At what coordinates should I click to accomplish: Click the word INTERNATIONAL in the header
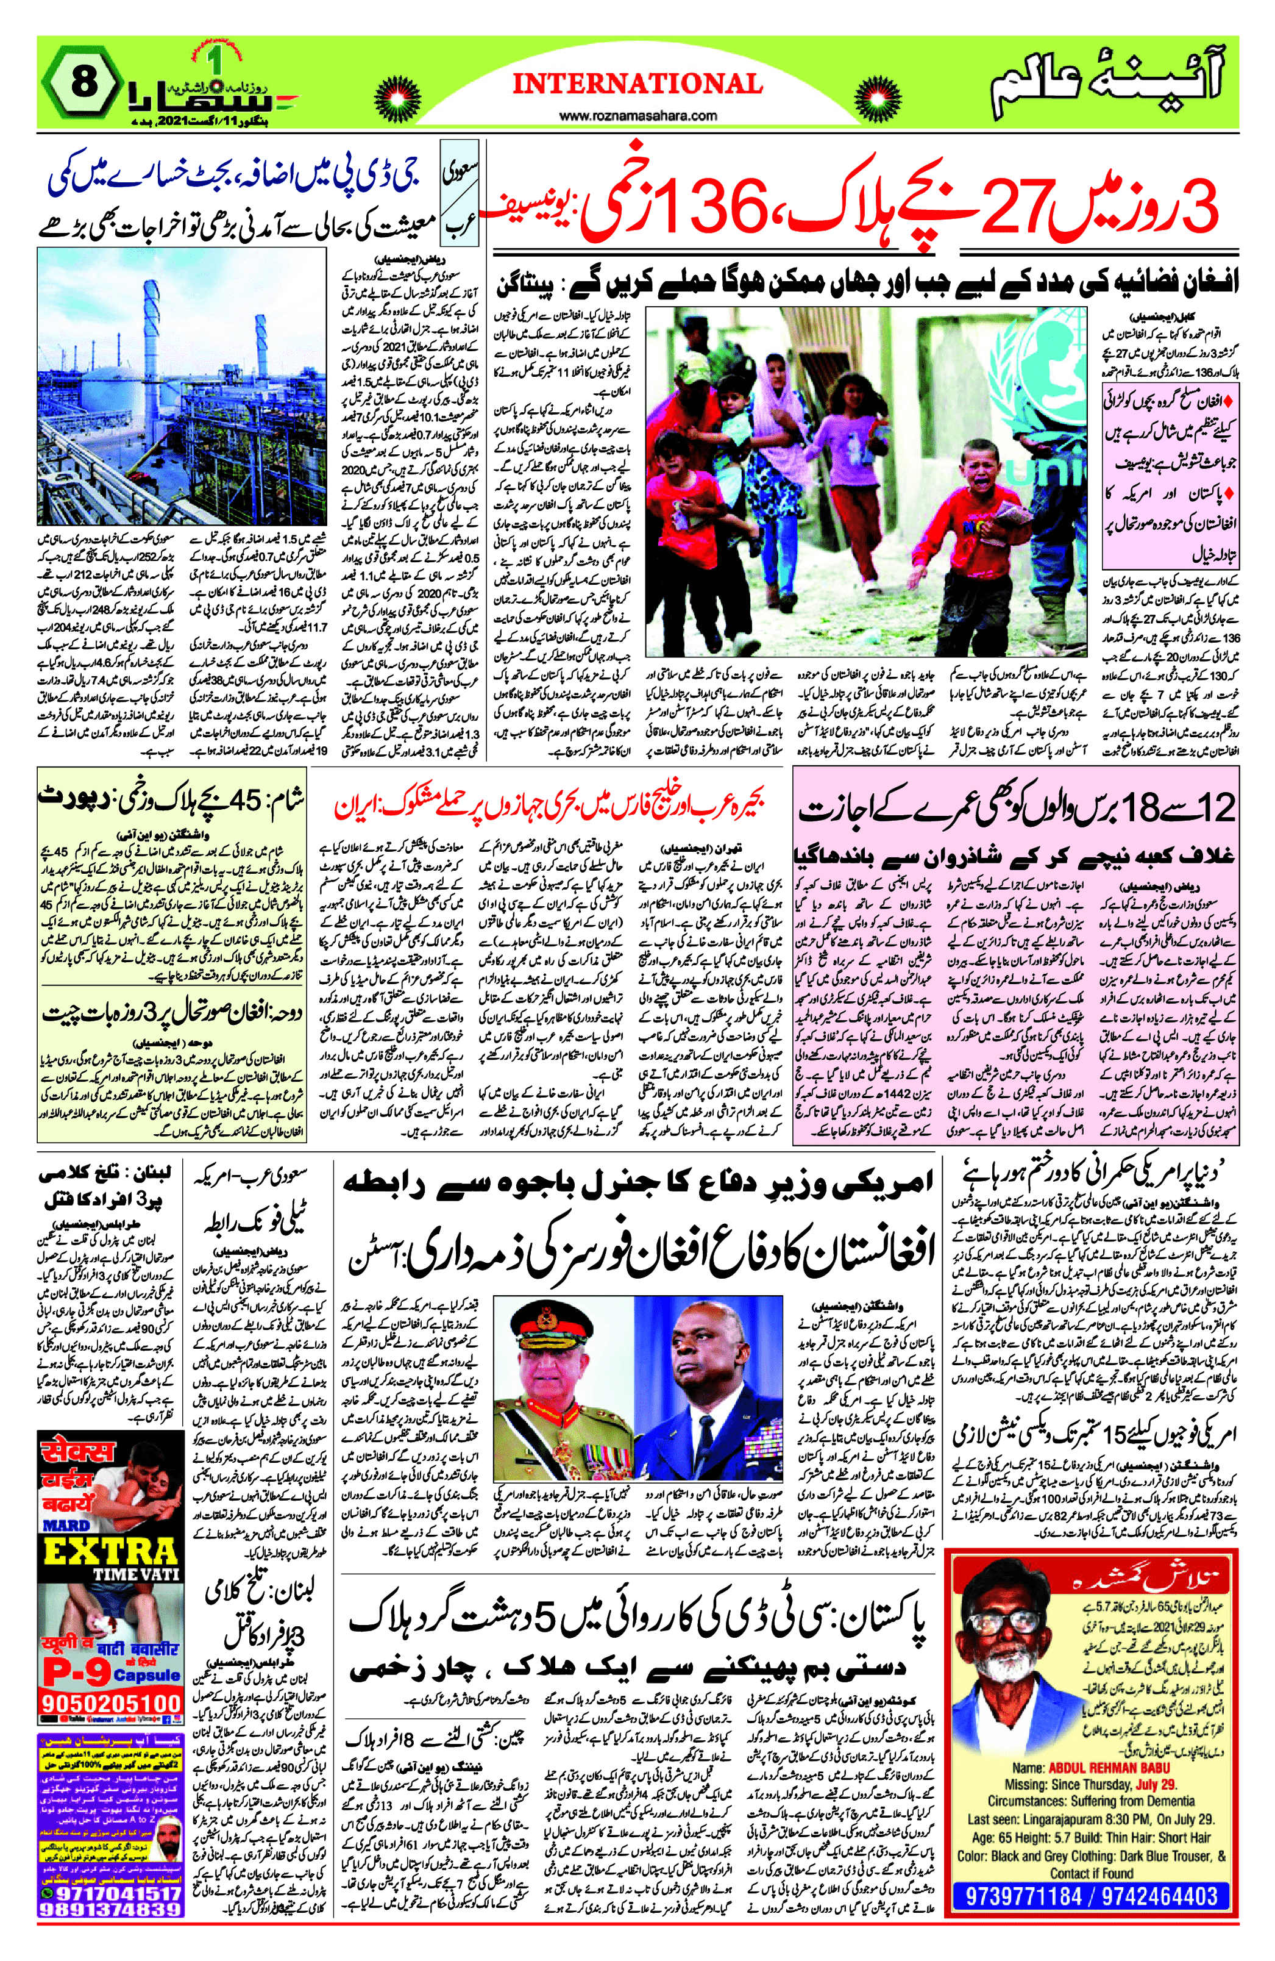[637, 83]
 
